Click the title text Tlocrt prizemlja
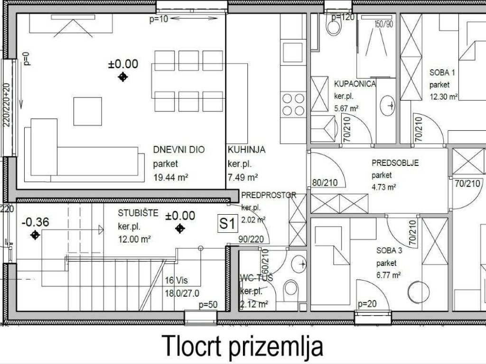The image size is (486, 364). tap(243, 346)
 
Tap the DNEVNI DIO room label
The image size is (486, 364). tap(179, 150)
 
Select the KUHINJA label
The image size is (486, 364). tap(246, 150)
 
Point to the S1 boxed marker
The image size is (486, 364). tap(227, 224)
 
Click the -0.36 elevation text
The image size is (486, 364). tap(35, 222)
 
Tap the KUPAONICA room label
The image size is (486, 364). tap(355, 84)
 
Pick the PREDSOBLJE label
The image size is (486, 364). tap(395, 163)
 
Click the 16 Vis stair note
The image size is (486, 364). tap(177, 280)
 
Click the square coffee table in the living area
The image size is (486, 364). tap(87, 111)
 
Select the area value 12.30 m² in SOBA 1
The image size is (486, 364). tap(443, 96)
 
